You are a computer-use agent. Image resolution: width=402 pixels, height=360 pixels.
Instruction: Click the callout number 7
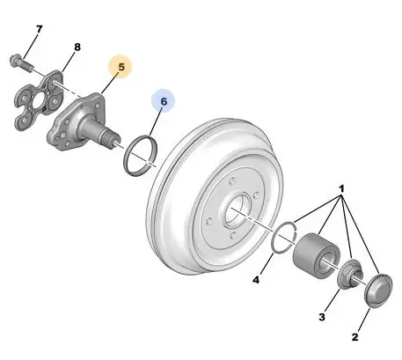(39, 29)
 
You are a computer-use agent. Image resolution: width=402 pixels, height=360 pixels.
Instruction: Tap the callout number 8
(77, 47)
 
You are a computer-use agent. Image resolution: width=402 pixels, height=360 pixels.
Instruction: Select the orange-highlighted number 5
(121, 67)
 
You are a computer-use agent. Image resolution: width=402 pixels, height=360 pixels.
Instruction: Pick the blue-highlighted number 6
(164, 101)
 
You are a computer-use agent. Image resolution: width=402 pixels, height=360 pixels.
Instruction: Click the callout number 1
(341, 188)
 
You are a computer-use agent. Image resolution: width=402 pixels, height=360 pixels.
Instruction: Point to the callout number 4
(256, 280)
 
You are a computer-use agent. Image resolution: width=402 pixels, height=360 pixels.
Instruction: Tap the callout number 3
(322, 317)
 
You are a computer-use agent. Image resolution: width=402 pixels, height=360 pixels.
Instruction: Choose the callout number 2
(354, 337)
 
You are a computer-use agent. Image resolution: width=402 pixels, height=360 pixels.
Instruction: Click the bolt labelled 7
(22, 62)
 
